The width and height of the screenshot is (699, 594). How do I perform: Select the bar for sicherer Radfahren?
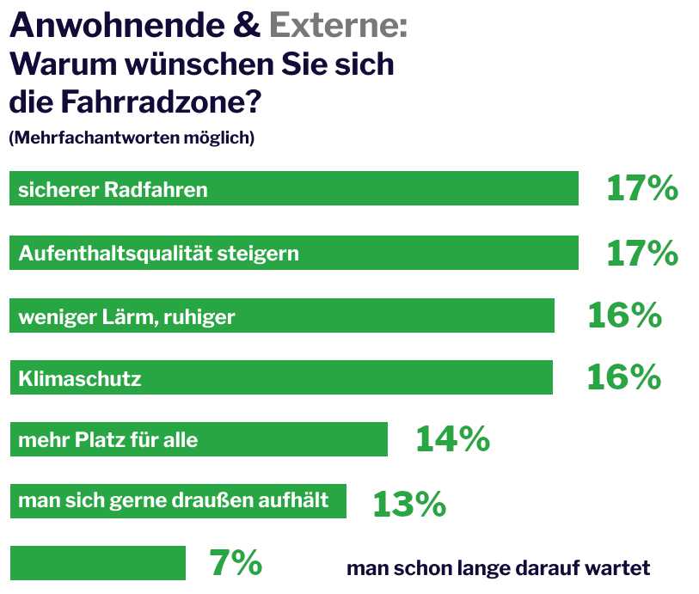pos(293,188)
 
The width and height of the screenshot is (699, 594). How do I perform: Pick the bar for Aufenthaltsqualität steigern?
pos(293,253)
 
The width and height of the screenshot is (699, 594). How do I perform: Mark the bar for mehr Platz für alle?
pos(198,439)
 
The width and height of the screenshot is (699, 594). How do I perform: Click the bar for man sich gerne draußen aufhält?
pos(177,501)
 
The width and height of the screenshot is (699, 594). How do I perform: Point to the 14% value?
pos(452,439)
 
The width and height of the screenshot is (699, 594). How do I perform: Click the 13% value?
pos(409,504)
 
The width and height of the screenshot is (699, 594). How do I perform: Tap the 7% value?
pos(236,564)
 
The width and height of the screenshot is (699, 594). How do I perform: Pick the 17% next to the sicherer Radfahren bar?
pos(642,188)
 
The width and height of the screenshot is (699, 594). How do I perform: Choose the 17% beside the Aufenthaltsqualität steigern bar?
pos(642,253)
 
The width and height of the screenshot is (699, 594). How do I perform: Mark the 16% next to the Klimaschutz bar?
pos(623,377)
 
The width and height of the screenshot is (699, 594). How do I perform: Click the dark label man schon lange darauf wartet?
pos(498,568)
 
